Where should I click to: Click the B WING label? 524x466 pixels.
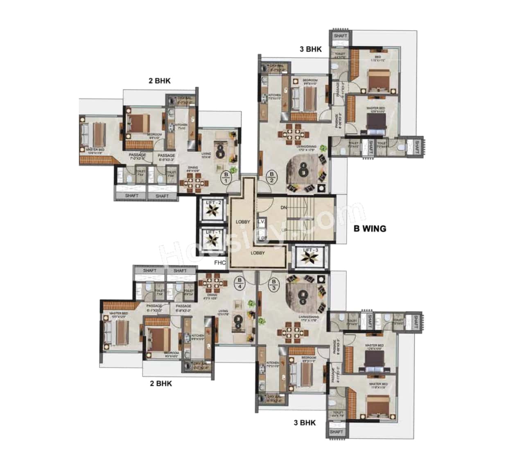tap(370, 228)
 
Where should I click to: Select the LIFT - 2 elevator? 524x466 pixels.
tap(213, 210)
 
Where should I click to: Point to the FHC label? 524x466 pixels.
tap(219, 263)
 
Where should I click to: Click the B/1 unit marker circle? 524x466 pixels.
tap(226, 177)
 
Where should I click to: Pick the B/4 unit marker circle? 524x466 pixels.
tap(240, 283)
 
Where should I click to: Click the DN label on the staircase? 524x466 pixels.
tap(284, 208)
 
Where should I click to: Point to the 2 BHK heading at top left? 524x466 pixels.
tap(160, 81)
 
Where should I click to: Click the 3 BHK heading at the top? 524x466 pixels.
tap(311, 49)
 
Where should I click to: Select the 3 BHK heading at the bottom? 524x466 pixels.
tap(305, 423)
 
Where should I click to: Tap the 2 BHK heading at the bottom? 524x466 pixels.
tap(161, 383)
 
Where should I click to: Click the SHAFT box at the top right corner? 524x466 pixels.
tap(340, 36)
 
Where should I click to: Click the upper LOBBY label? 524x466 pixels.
tap(243, 222)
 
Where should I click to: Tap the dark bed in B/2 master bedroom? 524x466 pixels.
tap(376, 121)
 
